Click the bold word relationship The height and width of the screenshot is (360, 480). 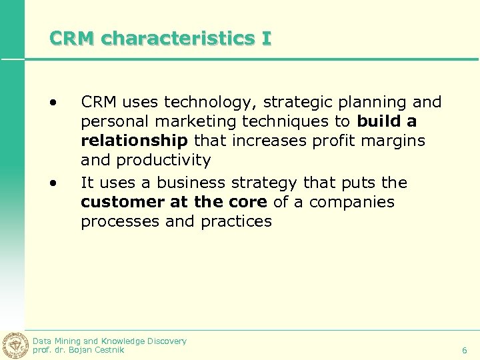pyautogui.click(x=134, y=141)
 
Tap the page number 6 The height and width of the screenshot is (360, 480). pyautogui.click(x=465, y=350)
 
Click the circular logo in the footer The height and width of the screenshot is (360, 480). pyautogui.click(x=14, y=345)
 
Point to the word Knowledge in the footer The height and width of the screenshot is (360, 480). pyautogui.click(x=124, y=341)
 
